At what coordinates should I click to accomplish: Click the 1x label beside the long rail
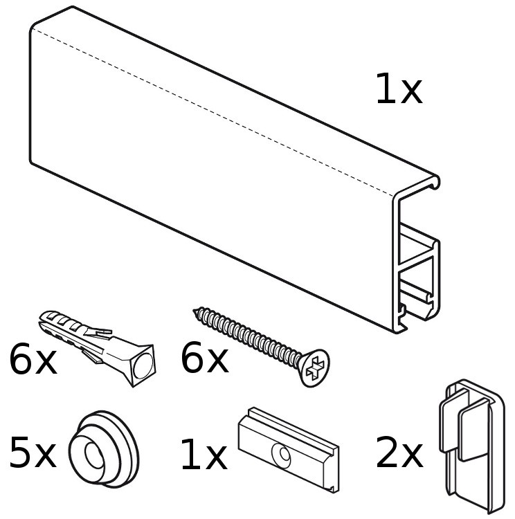coord(399,89)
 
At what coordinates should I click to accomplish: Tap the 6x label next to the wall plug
coord(33,359)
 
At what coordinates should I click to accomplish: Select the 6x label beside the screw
coord(205,358)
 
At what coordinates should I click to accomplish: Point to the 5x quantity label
coord(33,453)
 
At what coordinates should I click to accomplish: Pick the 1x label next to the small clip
coord(204,454)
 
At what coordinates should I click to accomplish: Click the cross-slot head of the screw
coord(314,367)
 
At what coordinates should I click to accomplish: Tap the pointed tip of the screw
coord(194,311)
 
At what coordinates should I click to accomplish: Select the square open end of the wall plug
coord(143,366)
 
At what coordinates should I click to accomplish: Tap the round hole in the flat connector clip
coord(282,454)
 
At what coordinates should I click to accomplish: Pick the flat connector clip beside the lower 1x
coord(289,450)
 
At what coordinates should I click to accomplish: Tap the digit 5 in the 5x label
coord(20,453)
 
